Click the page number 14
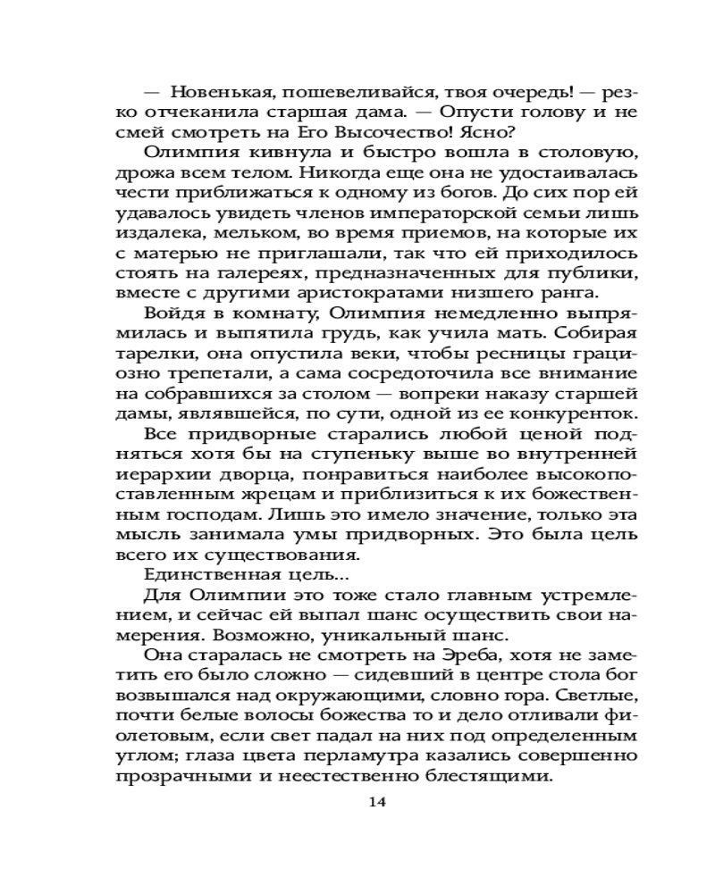click(376, 801)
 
